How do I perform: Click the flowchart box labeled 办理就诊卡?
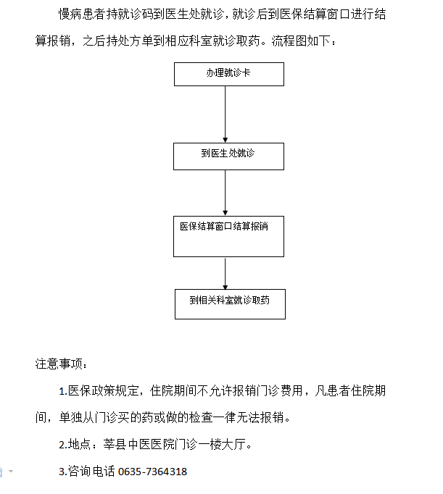click(x=229, y=74)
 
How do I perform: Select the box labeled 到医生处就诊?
click(x=228, y=156)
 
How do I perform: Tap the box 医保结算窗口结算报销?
click(x=228, y=236)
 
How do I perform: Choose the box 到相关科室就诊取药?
click(x=230, y=304)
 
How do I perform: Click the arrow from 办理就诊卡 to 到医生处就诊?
click(x=225, y=114)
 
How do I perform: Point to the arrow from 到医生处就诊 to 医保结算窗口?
click(x=225, y=193)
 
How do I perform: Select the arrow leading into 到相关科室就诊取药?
click(x=225, y=274)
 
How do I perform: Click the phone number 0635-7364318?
click(x=152, y=472)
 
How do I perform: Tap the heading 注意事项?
click(x=59, y=364)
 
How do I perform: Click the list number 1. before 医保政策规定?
click(x=63, y=391)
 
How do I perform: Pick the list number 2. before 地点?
click(x=63, y=445)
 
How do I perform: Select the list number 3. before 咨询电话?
click(x=63, y=472)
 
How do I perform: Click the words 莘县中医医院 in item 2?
click(x=138, y=445)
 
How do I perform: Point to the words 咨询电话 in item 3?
click(x=91, y=472)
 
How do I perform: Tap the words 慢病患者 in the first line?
click(x=82, y=14)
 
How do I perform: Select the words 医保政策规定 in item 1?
click(x=103, y=391)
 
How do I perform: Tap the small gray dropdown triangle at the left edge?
click(x=11, y=472)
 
